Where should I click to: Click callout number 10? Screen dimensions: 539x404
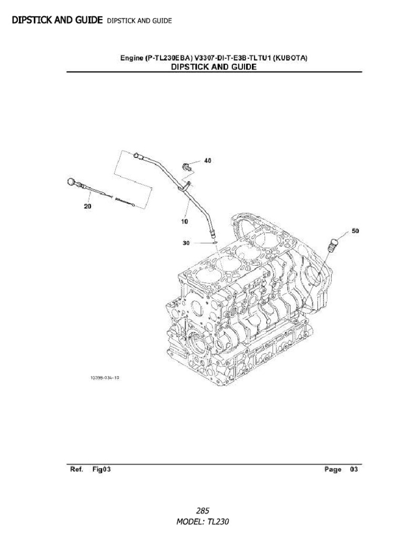184,222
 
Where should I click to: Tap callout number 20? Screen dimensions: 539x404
87,206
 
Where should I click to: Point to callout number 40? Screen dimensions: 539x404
208,161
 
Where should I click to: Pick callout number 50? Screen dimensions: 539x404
356,231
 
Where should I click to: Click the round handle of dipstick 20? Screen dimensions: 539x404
72,182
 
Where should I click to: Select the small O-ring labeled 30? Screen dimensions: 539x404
214,243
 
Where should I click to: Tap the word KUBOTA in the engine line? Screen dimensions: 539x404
290,58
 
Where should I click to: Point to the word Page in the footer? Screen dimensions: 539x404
332,470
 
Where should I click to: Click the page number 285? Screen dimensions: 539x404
203,511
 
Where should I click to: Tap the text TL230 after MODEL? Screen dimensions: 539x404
219,522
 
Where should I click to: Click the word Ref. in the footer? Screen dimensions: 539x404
74,470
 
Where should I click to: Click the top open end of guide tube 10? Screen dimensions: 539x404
136,155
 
